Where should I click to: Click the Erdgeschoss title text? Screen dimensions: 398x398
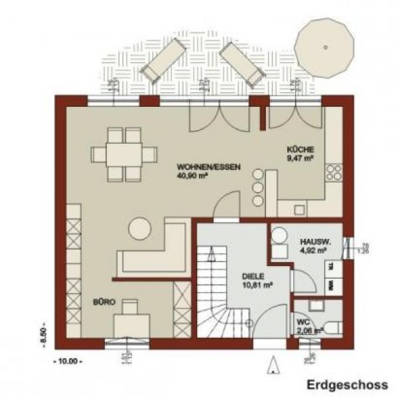tap(346, 384)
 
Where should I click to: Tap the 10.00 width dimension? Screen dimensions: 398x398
tap(64, 362)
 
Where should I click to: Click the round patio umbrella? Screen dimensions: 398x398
tap(325, 47)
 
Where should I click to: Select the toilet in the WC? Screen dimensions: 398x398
tap(335, 326)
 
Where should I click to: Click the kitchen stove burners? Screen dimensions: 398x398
tap(334, 172)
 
